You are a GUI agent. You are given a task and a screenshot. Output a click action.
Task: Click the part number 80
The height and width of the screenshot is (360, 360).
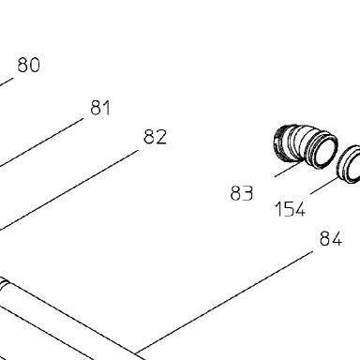[x=29, y=65]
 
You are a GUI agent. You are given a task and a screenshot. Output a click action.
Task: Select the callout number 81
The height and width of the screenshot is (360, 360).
[x=100, y=108]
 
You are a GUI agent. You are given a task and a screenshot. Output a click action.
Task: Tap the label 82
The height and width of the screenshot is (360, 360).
[x=156, y=137]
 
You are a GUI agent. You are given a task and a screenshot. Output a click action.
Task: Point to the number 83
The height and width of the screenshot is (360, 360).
[x=242, y=193]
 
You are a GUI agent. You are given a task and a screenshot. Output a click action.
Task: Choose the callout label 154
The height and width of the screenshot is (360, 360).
[x=290, y=209]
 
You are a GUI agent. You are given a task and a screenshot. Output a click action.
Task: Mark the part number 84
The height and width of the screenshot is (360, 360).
[x=331, y=239]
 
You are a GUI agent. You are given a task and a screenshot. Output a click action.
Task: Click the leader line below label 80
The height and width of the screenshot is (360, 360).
[x=7, y=82]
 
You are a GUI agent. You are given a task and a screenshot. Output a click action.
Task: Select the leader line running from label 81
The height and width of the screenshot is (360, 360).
[x=41, y=142]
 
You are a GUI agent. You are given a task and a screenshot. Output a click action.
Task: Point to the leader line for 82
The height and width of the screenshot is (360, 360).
[x=68, y=191]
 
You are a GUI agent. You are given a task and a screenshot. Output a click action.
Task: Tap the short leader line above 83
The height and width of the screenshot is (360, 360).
[x=288, y=169]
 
